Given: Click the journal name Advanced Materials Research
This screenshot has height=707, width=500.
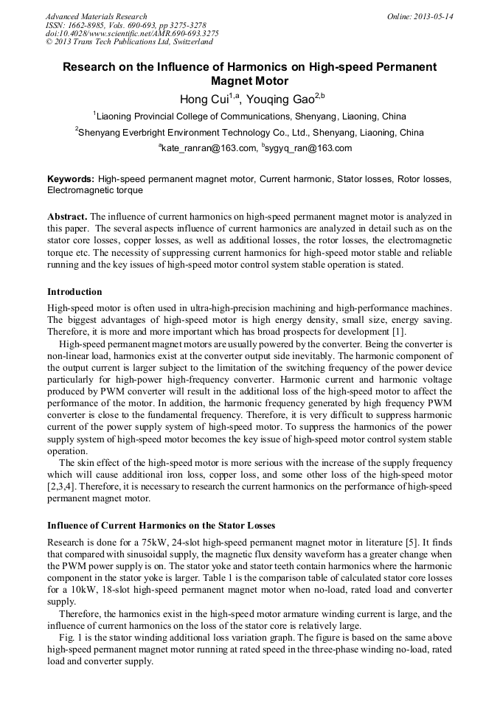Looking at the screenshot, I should click(x=96, y=16).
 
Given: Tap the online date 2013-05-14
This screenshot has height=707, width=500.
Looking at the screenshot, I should click(x=431, y=16).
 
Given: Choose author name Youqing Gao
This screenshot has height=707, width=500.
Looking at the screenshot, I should click(x=281, y=100).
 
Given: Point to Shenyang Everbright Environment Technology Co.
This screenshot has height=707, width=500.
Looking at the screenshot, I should click(x=191, y=133).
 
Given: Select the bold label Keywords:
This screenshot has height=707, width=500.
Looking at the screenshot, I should click(x=71, y=179).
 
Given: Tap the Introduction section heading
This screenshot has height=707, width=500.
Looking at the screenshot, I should click(x=74, y=292).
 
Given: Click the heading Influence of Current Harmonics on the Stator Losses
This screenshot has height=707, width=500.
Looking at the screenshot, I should click(x=161, y=526).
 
